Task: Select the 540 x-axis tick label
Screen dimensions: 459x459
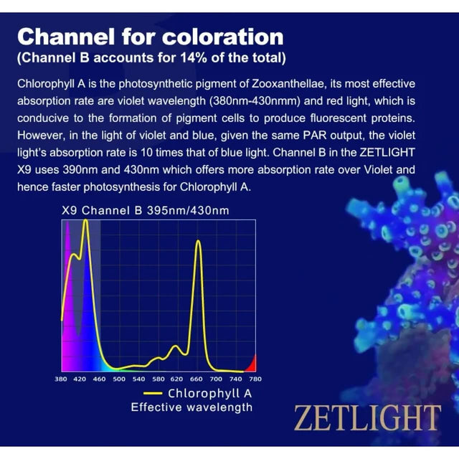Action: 138,379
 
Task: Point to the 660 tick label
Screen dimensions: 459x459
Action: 197,379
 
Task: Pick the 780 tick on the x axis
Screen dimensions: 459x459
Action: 255,379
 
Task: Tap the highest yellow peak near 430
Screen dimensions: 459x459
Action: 85,222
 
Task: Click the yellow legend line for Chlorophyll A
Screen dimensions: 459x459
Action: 153,393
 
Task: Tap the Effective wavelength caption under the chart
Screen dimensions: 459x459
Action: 191,407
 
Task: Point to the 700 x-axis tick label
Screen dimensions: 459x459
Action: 216,379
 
